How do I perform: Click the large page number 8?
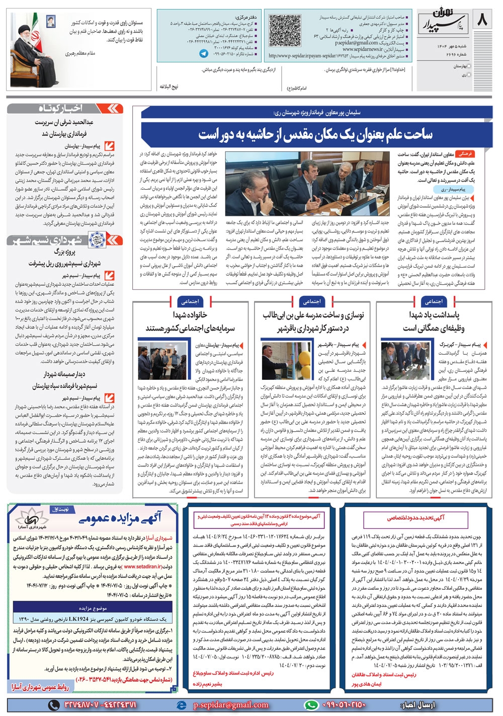[x=481, y=21]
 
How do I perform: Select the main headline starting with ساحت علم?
[x=315, y=134]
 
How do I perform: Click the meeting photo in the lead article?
[x=308, y=188]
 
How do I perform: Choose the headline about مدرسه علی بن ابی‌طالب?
[x=312, y=322]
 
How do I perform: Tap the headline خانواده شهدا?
[x=191, y=322]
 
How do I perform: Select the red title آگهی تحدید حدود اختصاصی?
[x=415, y=517]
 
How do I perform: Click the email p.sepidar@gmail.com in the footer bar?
[x=231, y=705]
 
